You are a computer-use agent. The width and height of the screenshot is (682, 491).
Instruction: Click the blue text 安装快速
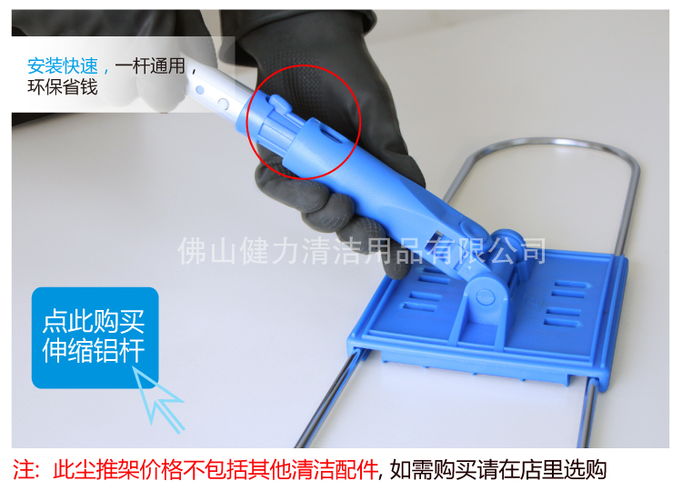click(62, 66)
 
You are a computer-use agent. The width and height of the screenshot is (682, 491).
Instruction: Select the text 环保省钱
click(62, 88)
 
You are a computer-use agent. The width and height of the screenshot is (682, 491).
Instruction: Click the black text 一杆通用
click(150, 66)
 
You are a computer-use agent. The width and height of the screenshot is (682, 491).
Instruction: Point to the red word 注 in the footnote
click(26, 470)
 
